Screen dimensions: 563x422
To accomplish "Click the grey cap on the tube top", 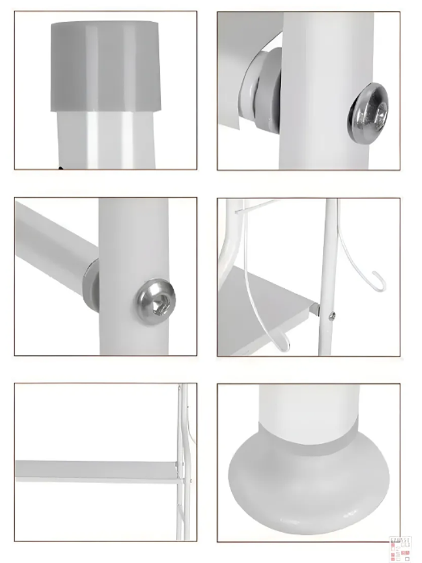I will (106, 66).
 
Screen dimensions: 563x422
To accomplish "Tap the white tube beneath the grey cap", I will (106, 138).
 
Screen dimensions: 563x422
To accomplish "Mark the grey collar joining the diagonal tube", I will (91, 282).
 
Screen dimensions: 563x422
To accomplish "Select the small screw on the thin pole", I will (332, 316).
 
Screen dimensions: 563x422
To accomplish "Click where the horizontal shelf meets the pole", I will (180, 470).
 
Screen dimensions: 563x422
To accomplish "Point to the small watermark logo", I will (401, 547).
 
